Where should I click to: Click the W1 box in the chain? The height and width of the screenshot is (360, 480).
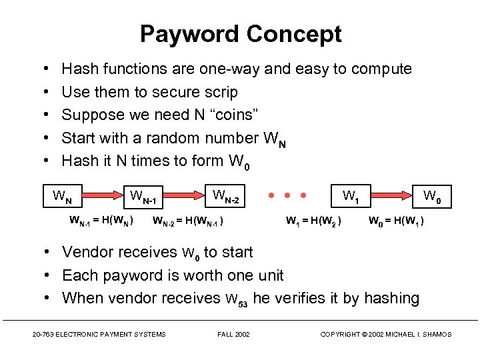351,197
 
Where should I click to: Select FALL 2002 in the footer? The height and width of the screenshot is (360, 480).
233,334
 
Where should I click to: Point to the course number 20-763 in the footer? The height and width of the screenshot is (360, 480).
43,334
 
